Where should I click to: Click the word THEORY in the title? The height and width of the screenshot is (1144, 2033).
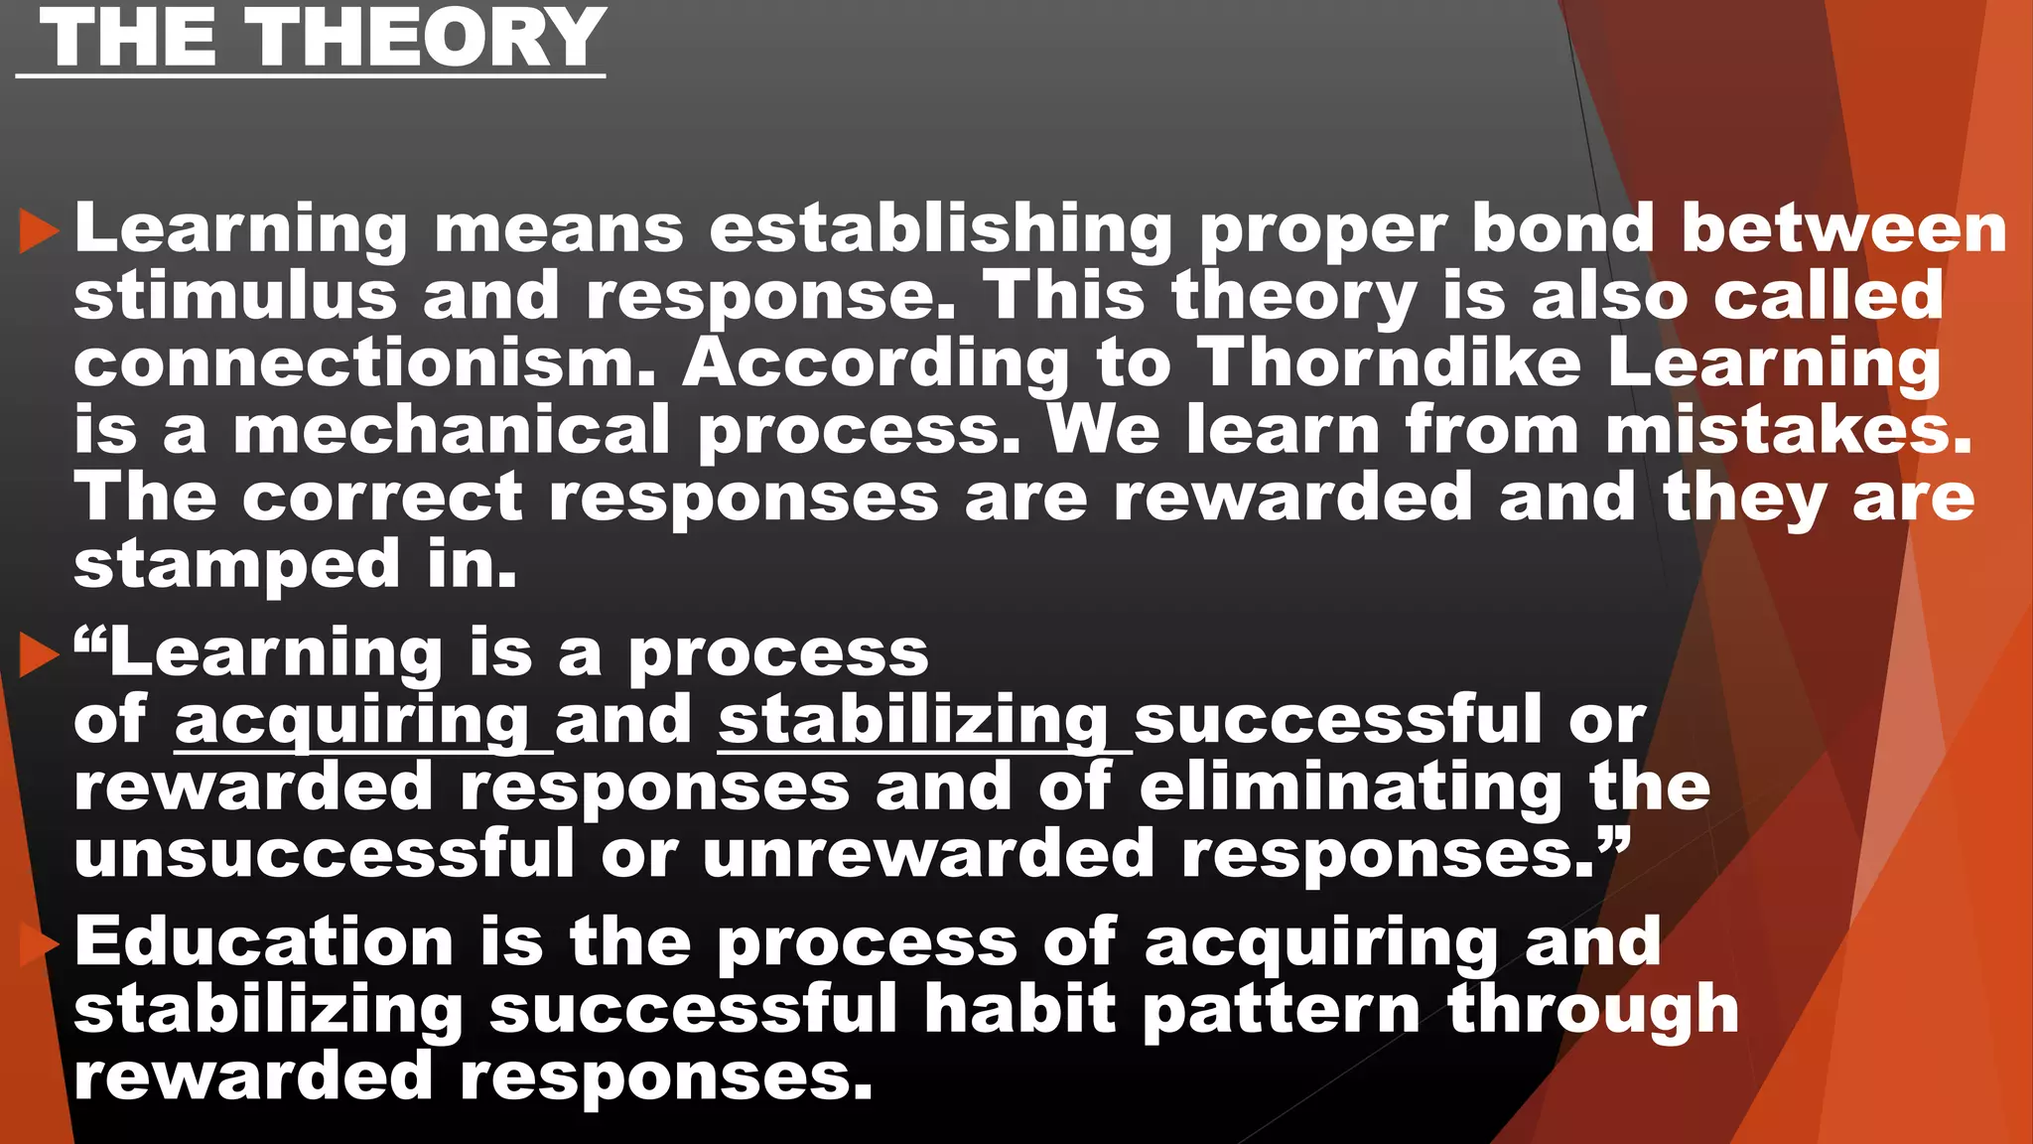tap(427, 38)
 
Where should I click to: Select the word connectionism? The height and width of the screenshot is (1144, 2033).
tap(364, 362)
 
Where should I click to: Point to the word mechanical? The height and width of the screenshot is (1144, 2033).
tap(452, 430)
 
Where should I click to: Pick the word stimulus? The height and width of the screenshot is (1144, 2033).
tap(235, 296)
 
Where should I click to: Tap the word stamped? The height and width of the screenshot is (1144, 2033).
tap(237, 564)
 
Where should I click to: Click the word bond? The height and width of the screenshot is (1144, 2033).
tap(1562, 228)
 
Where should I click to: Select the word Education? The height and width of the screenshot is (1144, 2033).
tap(264, 941)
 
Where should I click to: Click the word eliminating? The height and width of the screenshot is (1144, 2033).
tap(1351, 787)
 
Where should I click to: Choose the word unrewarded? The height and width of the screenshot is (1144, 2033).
tap(928, 854)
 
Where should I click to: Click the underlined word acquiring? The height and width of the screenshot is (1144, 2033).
tap(352, 720)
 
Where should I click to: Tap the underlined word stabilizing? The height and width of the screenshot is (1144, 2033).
tap(913, 720)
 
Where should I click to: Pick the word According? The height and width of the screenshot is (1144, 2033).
tap(877, 362)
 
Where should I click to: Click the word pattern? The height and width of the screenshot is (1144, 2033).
tap(1282, 1009)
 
